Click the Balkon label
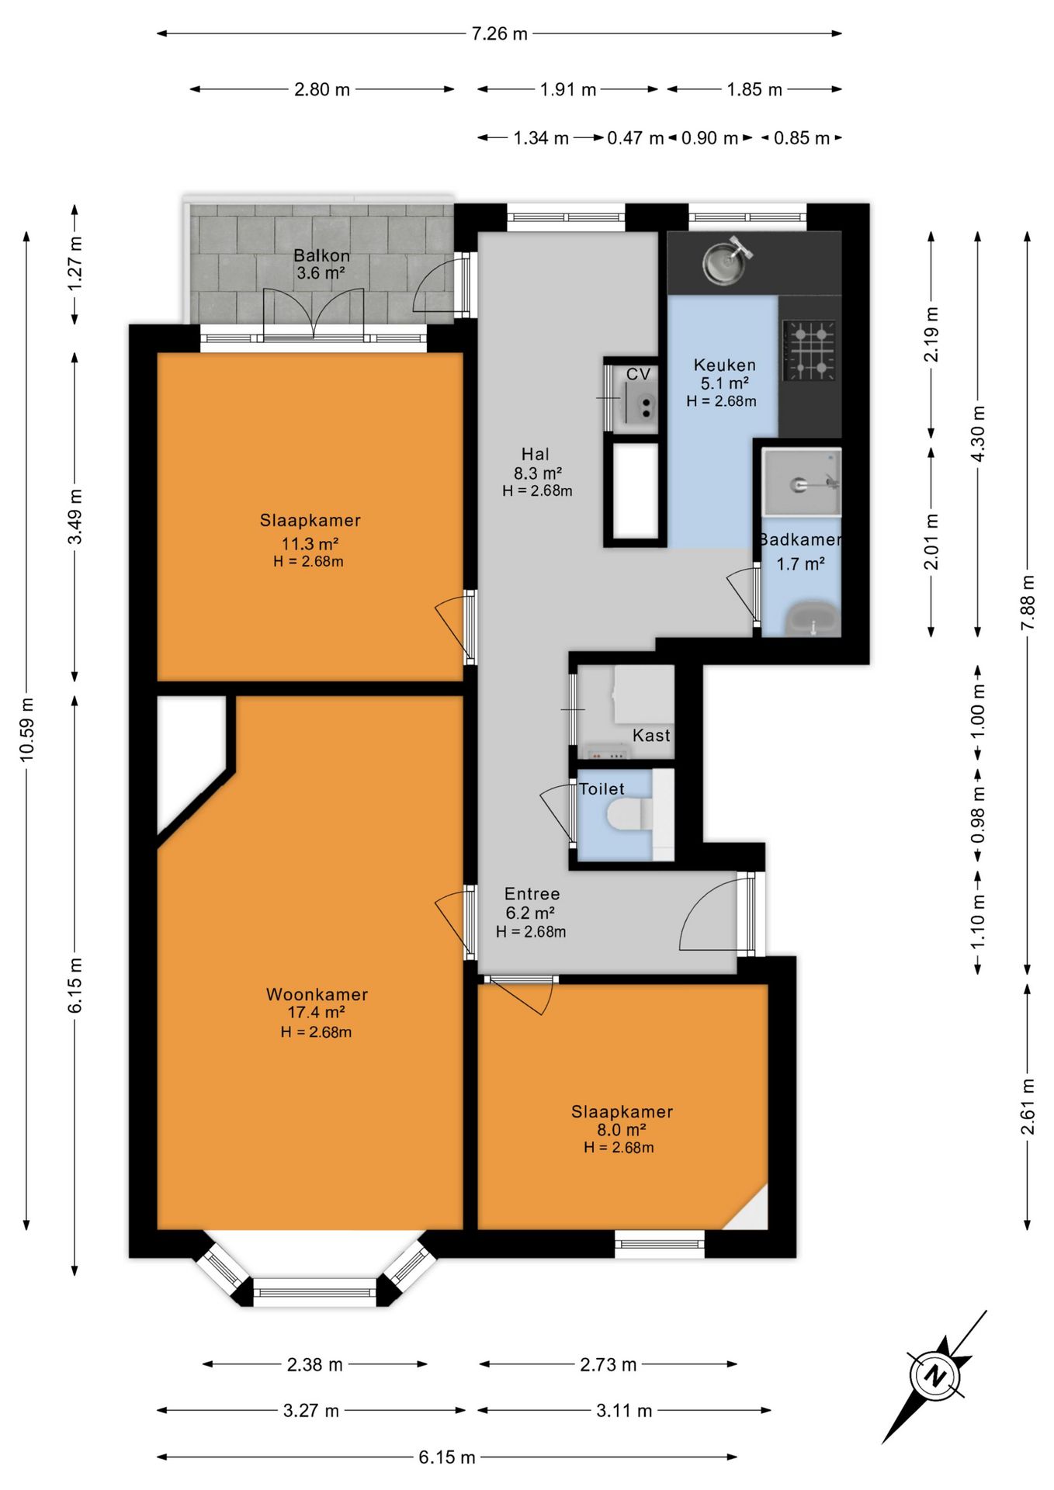(321, 255)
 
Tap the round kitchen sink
(726, 262)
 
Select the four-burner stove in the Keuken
(810, 351)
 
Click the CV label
(638, 374)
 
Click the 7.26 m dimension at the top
(499, 33)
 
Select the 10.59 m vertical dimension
(26, 729)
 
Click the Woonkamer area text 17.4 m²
(316, 1012)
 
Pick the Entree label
(532, 894)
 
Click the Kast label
(651, 736)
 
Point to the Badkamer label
(800, 539)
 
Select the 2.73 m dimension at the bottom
(608, 1364)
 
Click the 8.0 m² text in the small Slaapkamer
(621, 1130)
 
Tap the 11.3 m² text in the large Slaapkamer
(310, 543)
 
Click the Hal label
(536, 454)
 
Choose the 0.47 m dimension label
(636, 138)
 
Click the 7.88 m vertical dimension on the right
(1028, 602)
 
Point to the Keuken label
(724, 365)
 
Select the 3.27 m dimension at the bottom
(310, 1411)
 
